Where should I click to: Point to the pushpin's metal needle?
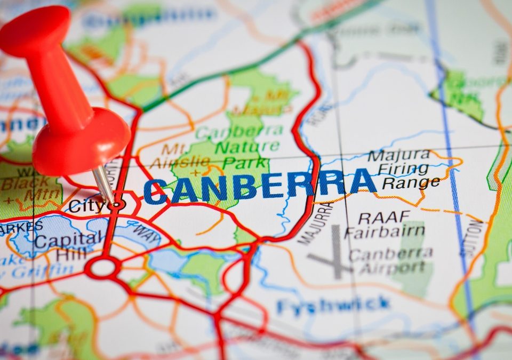tap(103, 184)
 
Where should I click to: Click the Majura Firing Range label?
tap(405, 169)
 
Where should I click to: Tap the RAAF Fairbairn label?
tap(384, 225)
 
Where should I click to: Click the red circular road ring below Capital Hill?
tap(103, 267)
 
